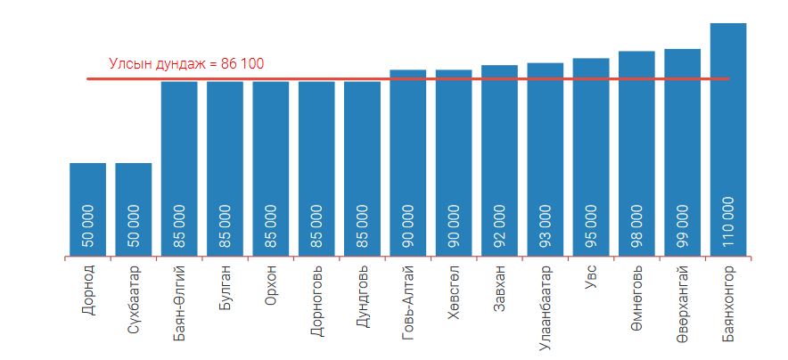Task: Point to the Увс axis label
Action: [592, 276]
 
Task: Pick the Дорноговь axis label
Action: [316, 299]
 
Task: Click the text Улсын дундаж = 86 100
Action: [186, 64]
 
